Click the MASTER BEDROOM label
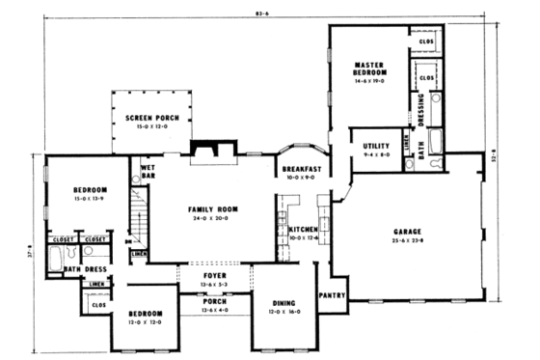(x=370, y=69)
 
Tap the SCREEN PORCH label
(x=151, y=116)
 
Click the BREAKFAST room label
(x=301, y=169)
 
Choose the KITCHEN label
(x=301, y=229)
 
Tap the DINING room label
(x=283, y=303)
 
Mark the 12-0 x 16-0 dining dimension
(x=283, y=312)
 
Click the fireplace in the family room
(x=205, y=149)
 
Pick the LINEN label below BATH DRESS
(x=95, y=285)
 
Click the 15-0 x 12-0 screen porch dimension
(x=151, y=125)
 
